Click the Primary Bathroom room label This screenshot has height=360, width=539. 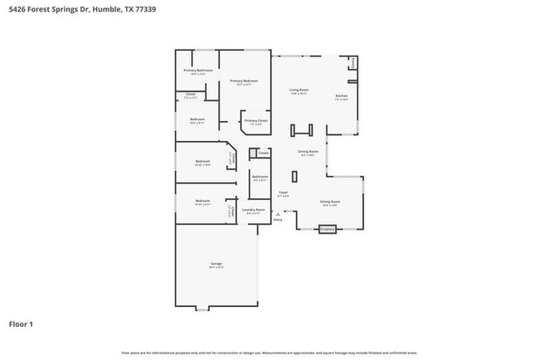198,71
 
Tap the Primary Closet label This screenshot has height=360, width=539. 256,121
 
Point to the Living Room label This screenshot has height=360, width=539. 299,90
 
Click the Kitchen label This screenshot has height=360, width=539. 342,97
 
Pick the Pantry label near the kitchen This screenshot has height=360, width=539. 355,62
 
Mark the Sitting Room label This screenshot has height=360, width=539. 330,202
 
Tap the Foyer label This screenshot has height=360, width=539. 283,192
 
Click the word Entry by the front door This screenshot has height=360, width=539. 278,220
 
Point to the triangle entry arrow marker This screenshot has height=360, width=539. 278,213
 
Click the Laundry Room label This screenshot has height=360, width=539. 254,210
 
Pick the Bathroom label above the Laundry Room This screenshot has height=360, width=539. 260,177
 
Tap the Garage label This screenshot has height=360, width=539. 216,264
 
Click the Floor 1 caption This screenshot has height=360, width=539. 22,324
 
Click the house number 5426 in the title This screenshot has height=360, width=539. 17,9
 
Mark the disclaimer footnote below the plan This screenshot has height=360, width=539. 269,353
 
